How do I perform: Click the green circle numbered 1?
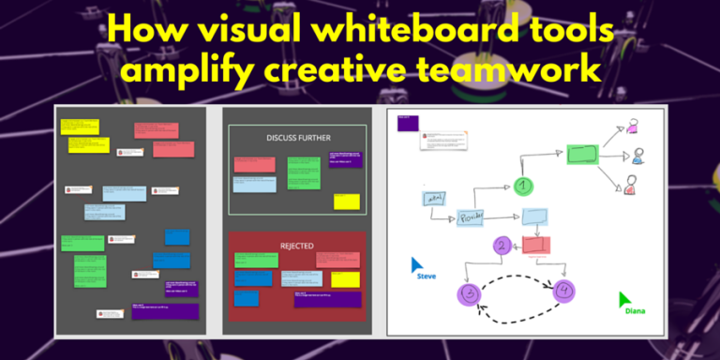click(524, 186)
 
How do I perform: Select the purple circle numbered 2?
click(502, 247)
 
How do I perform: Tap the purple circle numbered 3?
click(468, 293)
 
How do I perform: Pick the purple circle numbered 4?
click(563, 292)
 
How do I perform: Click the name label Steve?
click(427, 277)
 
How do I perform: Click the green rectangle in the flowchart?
click(582, 154)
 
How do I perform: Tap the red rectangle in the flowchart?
click(535, 245)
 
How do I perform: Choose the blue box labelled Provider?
click(470, 218)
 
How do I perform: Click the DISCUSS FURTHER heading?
click(295, 137)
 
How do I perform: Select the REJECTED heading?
click(296, 246)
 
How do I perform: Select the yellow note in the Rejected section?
click(345, 279)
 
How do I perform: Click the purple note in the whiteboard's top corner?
click(407, 123)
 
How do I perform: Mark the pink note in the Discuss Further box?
click(254, 164)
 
